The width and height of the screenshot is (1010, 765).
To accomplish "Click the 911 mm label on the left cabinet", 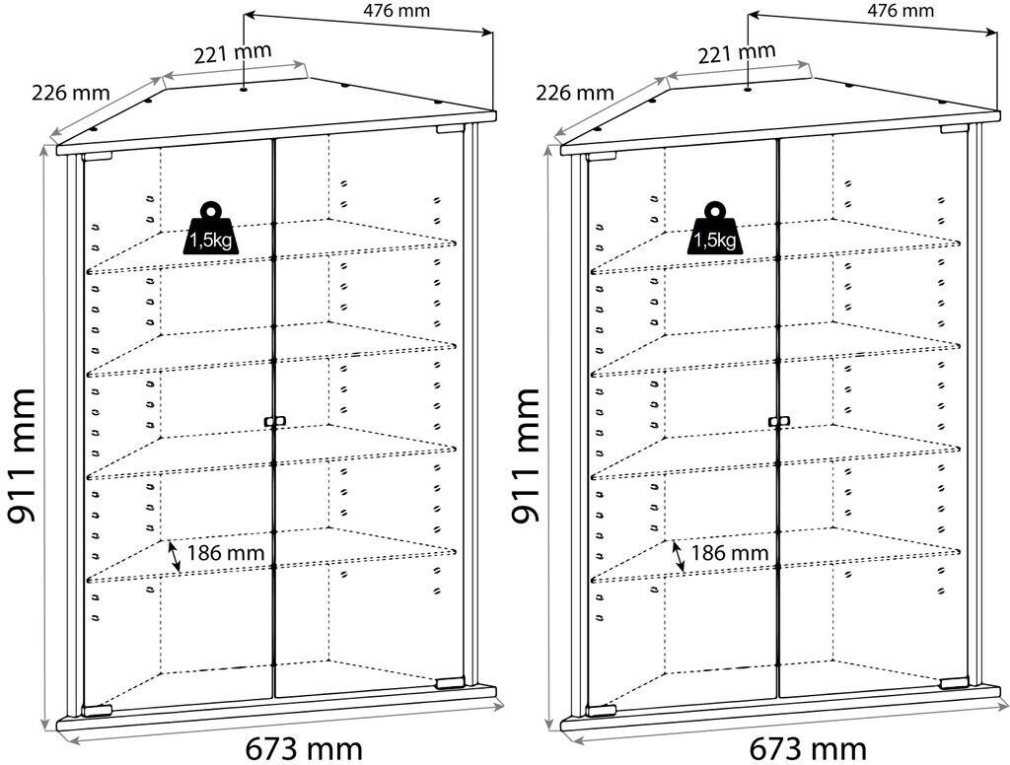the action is pyautogui.click(x=22, y=454).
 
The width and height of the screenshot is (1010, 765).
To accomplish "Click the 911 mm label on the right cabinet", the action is pyautogui.click(x=527, y=454).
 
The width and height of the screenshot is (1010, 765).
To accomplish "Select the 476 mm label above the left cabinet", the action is pyautogui.click(x=398, y=11).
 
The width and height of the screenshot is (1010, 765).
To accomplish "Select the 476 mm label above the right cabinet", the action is pyautogui.click(x=901, y=11).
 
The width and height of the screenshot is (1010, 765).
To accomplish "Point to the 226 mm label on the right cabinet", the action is pyautogui.click(x=576, y=94).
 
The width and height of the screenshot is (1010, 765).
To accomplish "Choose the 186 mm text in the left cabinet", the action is pyautogui.click(x=226, y=553).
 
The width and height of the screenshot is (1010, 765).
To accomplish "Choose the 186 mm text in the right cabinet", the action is pyautogui.click(x=730, y=553).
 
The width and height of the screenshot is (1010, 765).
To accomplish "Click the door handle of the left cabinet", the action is pyautogui.click(x=273, y=422).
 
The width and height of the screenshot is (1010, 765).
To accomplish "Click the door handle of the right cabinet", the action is pyautogui.click(x=778, y=422).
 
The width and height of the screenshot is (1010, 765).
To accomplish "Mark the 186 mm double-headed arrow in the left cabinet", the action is pyautogui.click(x=174, y=556).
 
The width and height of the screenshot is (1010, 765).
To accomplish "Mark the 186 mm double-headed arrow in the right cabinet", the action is pyautogui.click(x=679, y=556).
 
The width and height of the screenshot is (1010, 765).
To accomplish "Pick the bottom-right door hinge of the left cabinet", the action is pyautogui.click(x=450, y=681).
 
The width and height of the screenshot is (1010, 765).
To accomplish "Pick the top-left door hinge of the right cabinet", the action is pyautogui.click(x=601, y=155).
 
